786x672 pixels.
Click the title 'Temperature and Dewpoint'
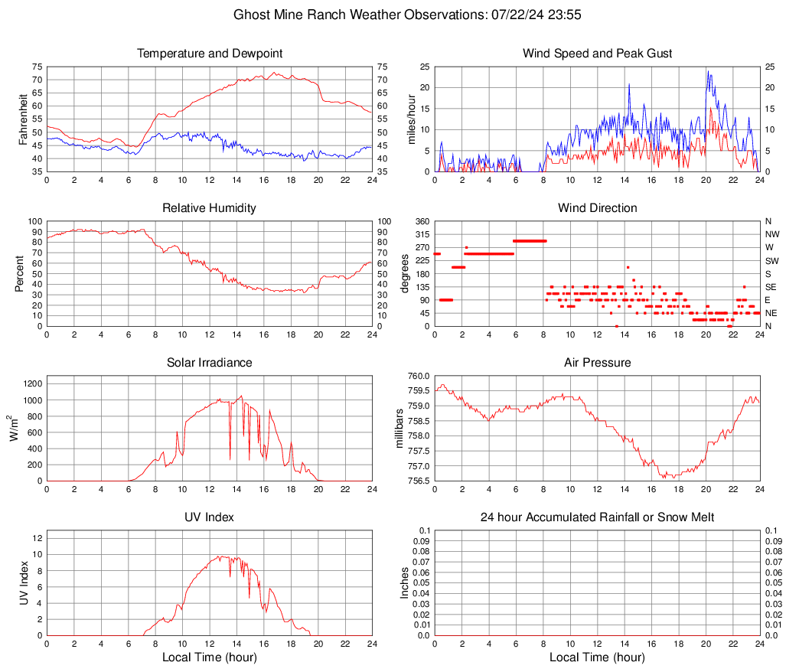(210, 54)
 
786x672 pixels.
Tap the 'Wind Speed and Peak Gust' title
(597, 54)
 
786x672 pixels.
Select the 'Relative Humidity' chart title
(210, 208)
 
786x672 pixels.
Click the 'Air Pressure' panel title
(597, 363)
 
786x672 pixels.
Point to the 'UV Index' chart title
(210, 517)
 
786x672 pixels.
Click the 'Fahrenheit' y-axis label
(21, 119)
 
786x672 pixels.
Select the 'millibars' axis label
(400, 429)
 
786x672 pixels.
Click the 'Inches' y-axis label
(405, 582)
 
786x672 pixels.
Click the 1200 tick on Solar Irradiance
(31, 380)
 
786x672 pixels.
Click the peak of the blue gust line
(708, 71)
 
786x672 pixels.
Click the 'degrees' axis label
(405, 274)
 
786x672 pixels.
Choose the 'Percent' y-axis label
(21, 274)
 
